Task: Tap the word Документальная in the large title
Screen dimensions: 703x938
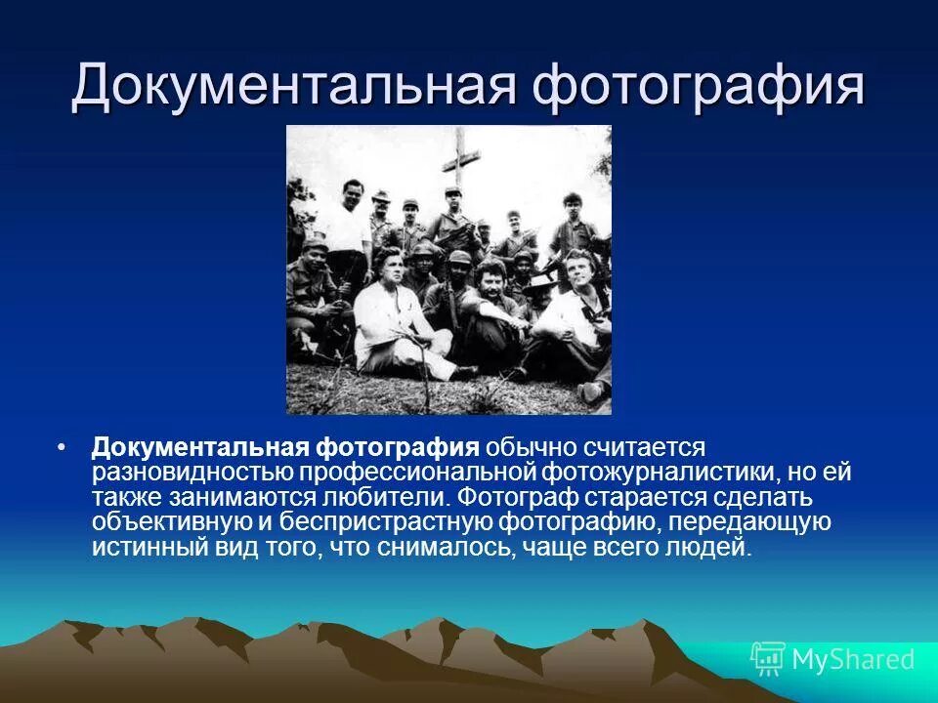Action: pyautogui.click(x=292, y=85)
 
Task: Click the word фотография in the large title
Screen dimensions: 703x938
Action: pyautogui.click(x=699, y=85)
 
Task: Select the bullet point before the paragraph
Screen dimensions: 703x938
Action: pyautogui.click(x=63, y=447)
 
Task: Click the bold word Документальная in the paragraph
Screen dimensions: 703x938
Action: pyautogui.click(x=200, y=447)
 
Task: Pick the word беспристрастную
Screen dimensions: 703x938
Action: pyautogui.click(x=410, y=523)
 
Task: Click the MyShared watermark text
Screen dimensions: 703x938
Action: pyautogui.click(x=852, y=659)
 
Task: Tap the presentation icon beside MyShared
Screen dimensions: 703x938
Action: pyautogui.click(x=767, y=659)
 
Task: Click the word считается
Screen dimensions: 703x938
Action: pyautogui.click(x=644, y=447)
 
